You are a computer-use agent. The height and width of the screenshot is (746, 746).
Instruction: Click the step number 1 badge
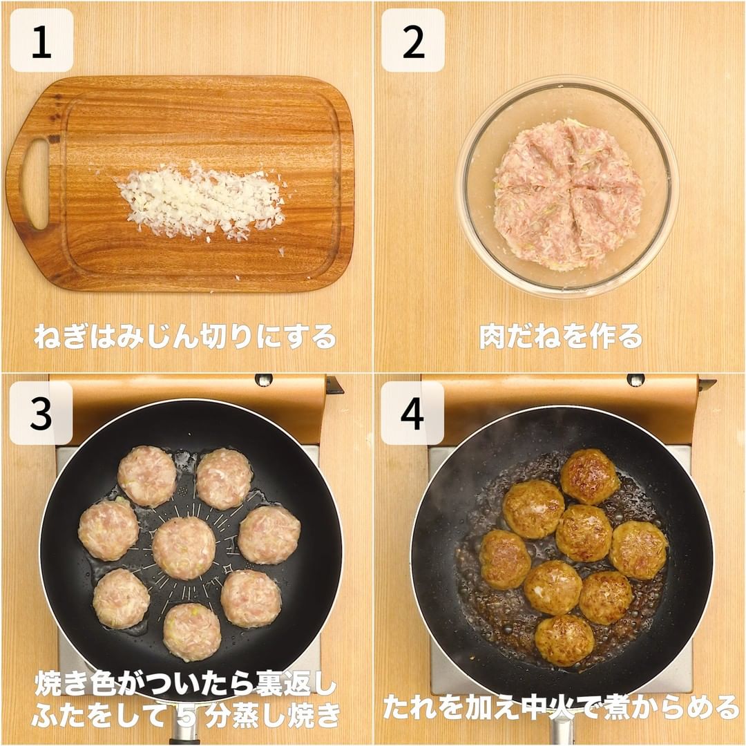pos(41,41)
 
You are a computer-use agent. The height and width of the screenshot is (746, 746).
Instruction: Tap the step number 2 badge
pos(413,41)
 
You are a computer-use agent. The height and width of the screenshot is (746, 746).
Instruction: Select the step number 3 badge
pos(41,413)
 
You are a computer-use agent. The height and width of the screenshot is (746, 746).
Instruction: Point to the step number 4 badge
pos(412,413)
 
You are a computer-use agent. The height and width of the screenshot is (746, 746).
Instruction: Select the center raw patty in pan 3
pos(184,548)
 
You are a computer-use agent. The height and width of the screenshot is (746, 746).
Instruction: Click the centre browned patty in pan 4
pos(584,533)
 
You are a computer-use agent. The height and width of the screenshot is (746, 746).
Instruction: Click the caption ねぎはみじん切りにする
pos(185,336)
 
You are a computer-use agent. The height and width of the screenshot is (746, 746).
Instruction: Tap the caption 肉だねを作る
pos(561,336)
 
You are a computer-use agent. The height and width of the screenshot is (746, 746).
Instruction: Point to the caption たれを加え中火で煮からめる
pos(561,707)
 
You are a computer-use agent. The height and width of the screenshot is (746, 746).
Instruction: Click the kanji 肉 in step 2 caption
pos(492,336)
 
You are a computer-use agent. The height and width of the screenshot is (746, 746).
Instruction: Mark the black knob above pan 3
pos(264,380)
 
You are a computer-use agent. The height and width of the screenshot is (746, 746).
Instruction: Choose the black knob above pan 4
pos(635,380)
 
